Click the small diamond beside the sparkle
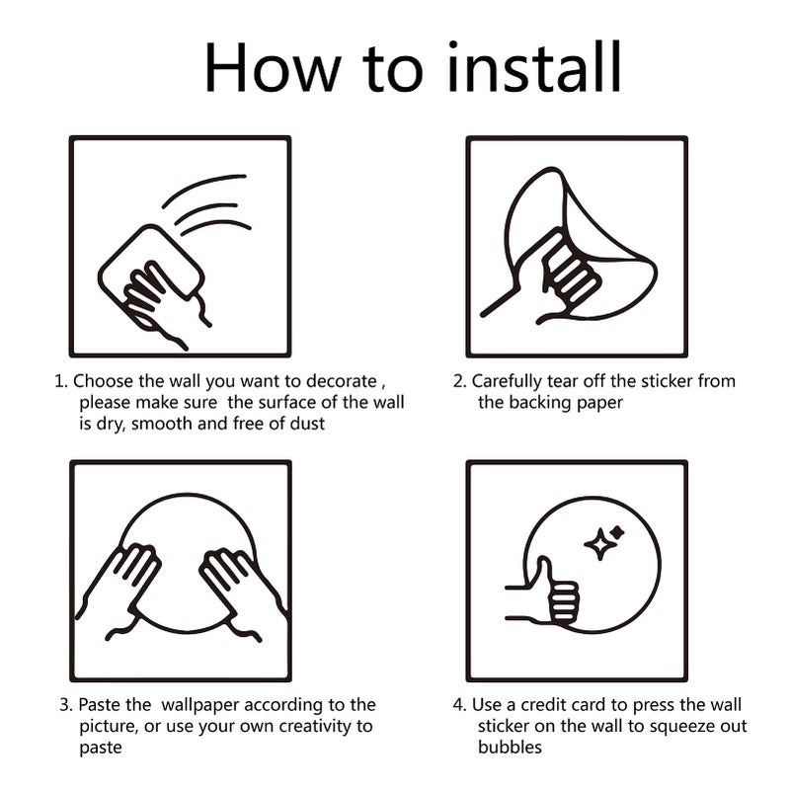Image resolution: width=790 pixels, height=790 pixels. (618, 531)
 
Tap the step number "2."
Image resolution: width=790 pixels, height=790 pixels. (459, 381)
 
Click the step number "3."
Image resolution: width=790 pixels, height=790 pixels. (65, 705)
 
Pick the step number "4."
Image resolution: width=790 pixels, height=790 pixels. (459, 705)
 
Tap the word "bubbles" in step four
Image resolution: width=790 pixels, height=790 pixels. (510, 748)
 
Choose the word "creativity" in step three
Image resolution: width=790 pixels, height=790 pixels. (309, 726)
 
